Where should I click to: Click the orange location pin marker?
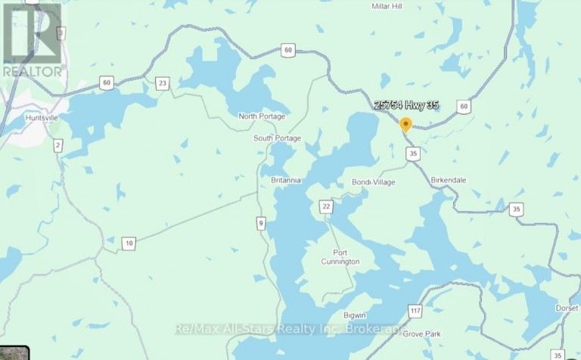[x=405, y=126]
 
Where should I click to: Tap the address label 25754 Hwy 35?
[x=405, y=106]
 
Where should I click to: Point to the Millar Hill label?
[x=390, y=7]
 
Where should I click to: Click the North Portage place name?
[x=262, y=116]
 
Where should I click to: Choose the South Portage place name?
[x=278, y=138]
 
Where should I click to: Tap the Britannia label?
[x=286, y=181]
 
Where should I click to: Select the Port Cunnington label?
[x=346, y=257]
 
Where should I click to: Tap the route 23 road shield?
[x=162, y=83]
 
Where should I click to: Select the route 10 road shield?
[x=129, y=243]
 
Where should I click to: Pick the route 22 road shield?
[x=326, y=206]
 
